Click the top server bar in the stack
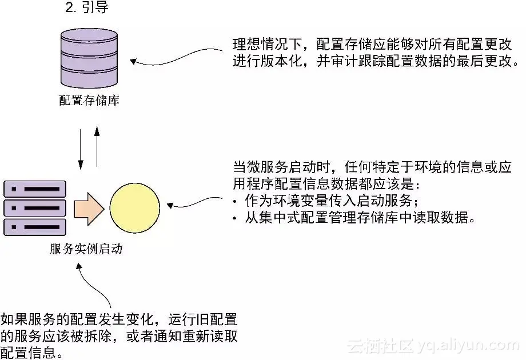pos(35,189)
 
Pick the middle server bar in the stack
pos(35,208)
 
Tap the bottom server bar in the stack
pos(35,227)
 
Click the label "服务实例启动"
pos(86,250)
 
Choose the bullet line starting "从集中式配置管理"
pos(354,219)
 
